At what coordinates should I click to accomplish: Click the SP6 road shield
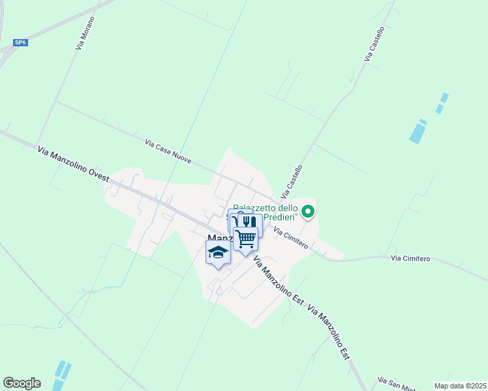click(21, 43)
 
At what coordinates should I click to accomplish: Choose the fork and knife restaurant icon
click(250, 222)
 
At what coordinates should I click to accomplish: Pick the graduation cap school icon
click(218, 252)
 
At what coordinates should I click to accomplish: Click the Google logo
click(22, 383)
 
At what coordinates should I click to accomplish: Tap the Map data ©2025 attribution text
click(461, 386)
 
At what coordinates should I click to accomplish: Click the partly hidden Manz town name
click(217, 239)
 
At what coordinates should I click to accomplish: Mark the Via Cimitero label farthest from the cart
click(410, 259)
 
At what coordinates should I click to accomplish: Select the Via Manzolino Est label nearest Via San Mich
click(329, 332)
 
